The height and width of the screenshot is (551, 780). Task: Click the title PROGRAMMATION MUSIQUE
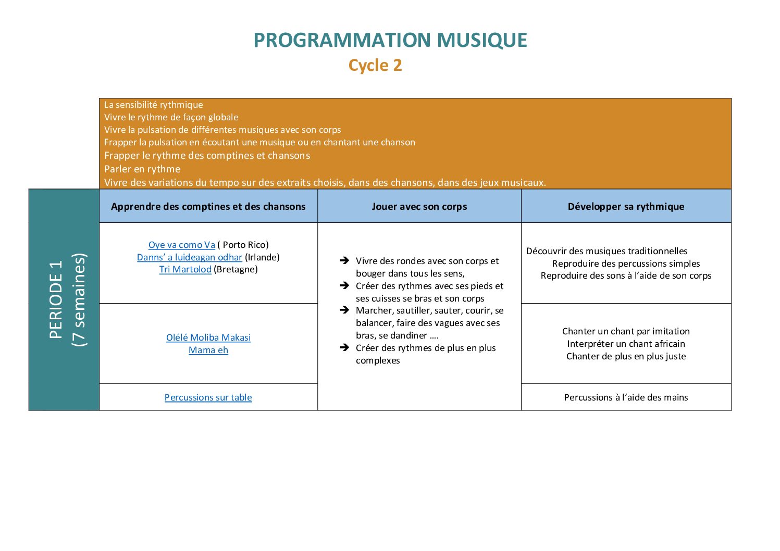tap(390, 40)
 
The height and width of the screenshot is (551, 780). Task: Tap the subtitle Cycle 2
tap(375, 66)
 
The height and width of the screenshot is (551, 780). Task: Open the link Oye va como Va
tap(182, 245)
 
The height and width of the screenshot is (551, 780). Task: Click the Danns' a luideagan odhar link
tap(190, 257)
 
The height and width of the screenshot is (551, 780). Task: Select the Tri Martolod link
tap(185, 269)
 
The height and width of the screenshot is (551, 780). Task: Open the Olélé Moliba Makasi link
tap(208, 337)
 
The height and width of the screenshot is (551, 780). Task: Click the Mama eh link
tap(208, 350)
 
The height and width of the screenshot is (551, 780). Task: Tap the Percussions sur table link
tap(208, 397)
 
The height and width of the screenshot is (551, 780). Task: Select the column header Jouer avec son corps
tap(419, 206)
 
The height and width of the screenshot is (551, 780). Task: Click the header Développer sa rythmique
tap(626, 206)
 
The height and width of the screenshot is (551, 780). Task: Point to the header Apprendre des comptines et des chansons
tap(208, 206)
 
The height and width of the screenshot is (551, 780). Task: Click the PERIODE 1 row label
tap(56, 299)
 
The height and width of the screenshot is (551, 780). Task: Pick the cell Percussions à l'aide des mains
tap(626, 397)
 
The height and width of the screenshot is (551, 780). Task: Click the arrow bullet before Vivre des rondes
tap(344, 260)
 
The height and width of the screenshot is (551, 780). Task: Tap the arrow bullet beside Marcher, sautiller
tap(344, 310)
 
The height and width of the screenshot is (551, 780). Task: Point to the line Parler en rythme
tap(142, 169)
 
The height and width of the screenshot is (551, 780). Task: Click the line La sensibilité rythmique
tap(154, 105)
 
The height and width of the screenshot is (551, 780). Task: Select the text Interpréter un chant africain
tap(626, 344)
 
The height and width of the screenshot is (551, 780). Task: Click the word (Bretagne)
tap(236, 269)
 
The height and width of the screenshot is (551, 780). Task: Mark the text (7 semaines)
tap(79, 299)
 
